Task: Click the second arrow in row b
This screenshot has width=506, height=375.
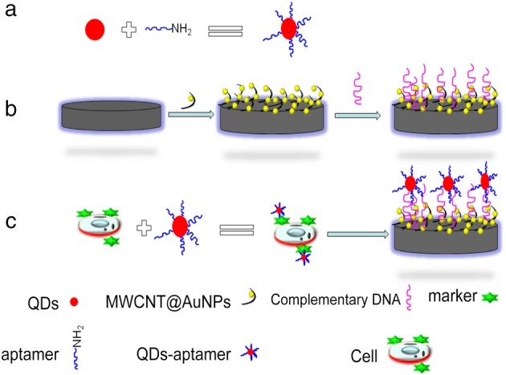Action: pyautogui.click(x=358, y=115)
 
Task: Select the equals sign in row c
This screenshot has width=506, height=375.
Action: pyautogui.click(x=241, y=229)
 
